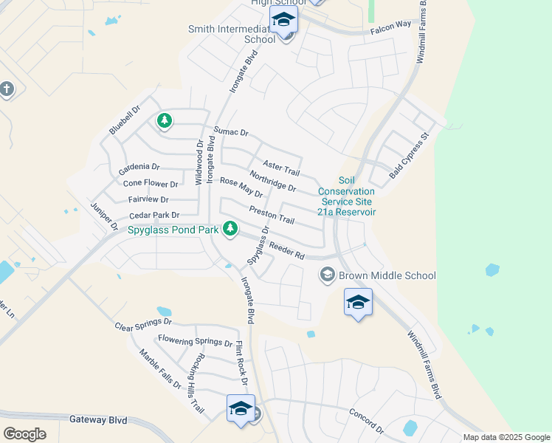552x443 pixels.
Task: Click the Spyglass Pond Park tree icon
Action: coord(230,230)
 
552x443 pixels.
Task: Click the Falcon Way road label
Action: coord(391,25)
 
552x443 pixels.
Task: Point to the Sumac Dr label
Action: coord(232,132)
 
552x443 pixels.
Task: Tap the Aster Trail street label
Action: coord(281,167)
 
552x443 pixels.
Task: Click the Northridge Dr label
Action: coord(272,182)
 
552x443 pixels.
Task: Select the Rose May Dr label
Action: coord(241,188)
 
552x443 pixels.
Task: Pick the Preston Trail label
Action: coord(272,215)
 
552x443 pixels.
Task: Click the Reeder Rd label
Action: coord(286,250)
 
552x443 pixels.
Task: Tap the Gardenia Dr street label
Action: coord(139,168)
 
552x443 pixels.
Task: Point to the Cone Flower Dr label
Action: coord(151,184)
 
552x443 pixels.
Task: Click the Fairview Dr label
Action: coord(148,199)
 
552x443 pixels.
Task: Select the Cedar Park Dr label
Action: coord(154,216)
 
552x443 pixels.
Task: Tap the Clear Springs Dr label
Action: coord(143,323)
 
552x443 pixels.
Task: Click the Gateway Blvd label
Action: coord(99,419)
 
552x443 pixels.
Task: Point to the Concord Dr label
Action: coord(367,420)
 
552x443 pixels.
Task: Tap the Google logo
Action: coord(24,433)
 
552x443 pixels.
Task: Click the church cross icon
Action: coord(7,89)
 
